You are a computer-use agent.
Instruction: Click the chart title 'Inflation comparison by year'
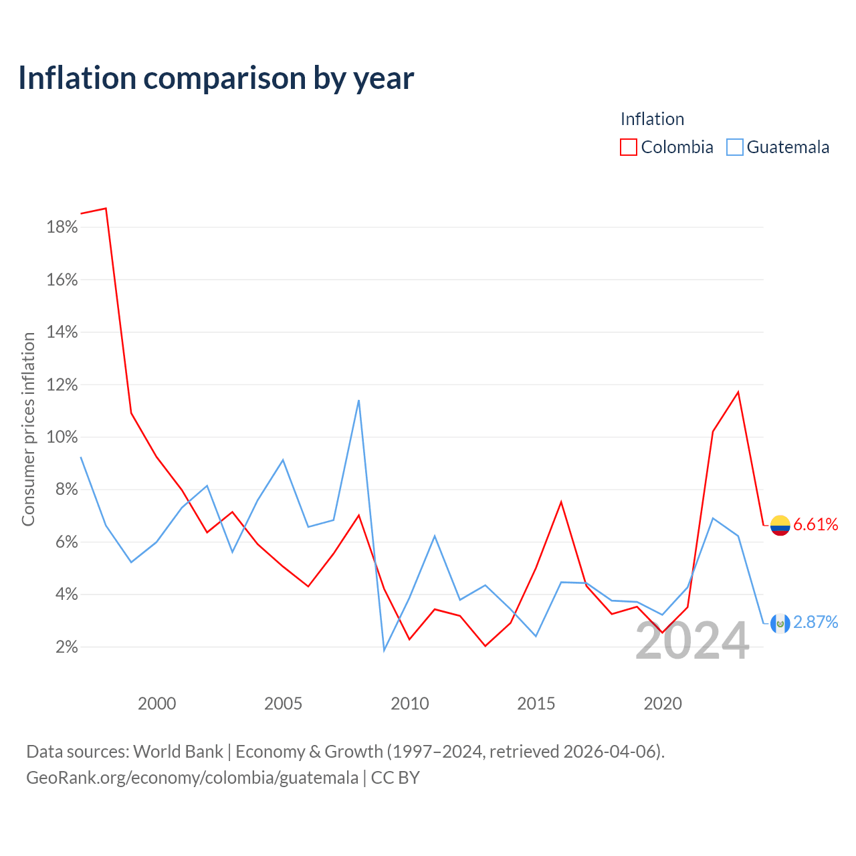click(x=216, y=78)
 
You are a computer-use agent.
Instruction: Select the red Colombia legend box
click(x=628, y=147)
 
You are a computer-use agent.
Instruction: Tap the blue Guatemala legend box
click(x=734, y=147)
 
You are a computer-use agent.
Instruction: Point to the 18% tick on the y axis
click(x=62, y=227)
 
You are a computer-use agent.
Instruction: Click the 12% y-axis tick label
click(x=62, y=385)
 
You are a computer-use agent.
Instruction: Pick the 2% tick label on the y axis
click(x=67, y=647)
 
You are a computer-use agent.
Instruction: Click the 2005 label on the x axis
click(x=283, y=704)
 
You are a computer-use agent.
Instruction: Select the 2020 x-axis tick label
click(x=662, y=704)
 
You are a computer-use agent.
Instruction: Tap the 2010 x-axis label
click(x=409, y=704)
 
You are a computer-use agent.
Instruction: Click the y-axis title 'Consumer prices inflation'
click(x=29, y=429)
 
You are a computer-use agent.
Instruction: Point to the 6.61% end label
click(x=816, y=524)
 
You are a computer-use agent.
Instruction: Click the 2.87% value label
click(x=816, y=623)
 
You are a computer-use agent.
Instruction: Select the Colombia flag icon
click(x=780, y=526)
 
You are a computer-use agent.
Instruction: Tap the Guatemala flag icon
click(x=780, y=623)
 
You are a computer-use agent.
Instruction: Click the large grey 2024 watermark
click(x=692, y=641)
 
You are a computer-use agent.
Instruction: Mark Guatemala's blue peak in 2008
click(x=358, y=401)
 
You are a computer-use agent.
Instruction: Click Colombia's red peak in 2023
click(x=738, y=393)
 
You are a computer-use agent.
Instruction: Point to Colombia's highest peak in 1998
click(x=106, y=209)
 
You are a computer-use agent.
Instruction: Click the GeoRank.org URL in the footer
click(x=193, y=778)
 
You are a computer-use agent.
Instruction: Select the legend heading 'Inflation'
click(x=652, y=119)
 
